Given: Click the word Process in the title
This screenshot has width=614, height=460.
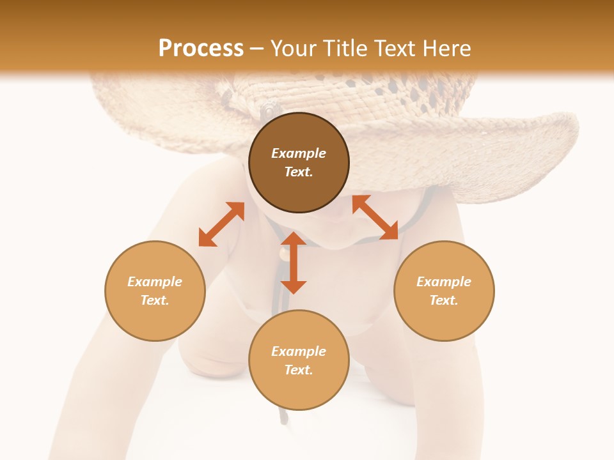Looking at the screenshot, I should click(x=201, y=49).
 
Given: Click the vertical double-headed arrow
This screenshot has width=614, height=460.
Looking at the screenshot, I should click(x=294, y=263).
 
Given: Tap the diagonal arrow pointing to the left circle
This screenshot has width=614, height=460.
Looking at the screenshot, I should click(x=221, y=224).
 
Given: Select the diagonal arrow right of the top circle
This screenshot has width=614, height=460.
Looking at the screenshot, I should click(x=375, y=218).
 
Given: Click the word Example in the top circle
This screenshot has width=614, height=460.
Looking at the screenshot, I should click(x=299, y=153).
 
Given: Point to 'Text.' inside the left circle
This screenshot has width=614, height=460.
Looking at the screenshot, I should click(x=155, y=300).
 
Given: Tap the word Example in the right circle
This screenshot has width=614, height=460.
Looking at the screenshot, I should click(x=444, y=282).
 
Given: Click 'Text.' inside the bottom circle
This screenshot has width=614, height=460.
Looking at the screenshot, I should click(x=299, y=370).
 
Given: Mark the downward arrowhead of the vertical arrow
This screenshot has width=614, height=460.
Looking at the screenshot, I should click(x=294, y=286).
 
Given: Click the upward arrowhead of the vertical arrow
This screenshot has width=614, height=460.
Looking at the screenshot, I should click(x=294, y=240).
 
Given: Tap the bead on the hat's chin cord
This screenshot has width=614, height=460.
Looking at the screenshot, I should click(x=283, y=254).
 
